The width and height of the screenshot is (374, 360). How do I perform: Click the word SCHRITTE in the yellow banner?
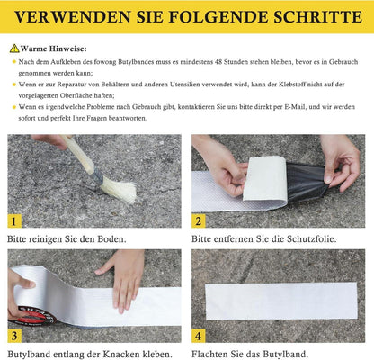318,17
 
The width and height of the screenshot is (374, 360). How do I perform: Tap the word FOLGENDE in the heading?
218,17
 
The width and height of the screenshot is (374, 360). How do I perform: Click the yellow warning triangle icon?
14,49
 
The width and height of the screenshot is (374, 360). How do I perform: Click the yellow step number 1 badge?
13,221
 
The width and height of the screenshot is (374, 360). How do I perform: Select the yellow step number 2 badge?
199,220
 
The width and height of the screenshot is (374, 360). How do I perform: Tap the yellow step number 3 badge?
14,336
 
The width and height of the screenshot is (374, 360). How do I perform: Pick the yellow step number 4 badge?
199,336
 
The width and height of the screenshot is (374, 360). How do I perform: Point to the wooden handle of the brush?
78,155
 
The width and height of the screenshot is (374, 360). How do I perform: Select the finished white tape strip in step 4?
281,301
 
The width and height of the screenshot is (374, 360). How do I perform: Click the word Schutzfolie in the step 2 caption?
312,239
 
